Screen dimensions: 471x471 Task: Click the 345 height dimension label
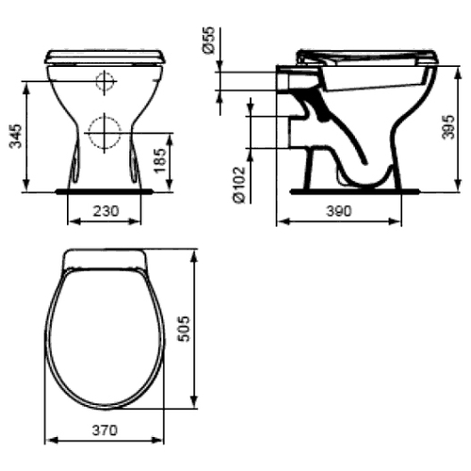coord(16,136)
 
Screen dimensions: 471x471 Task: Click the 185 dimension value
coord(160,160)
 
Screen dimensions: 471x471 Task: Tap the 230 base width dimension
coord(106,211)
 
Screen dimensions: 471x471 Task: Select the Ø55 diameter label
coord(209,40)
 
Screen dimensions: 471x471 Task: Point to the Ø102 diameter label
coord(240,185)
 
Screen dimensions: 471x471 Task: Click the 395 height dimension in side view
coord(448,127)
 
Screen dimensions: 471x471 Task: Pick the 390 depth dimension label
coord(339,211)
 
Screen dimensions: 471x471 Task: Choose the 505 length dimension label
coord(184,329)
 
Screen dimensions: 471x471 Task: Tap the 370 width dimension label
coord(105,430)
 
